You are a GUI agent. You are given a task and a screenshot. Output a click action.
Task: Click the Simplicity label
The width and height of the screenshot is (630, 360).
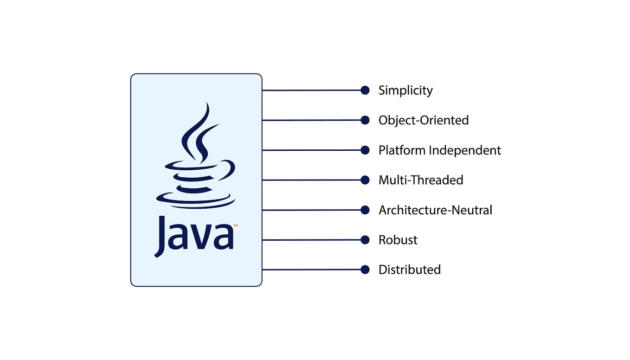[x=405, y=90]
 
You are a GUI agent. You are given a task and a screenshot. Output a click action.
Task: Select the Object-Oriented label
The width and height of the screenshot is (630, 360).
[x=424, y=120]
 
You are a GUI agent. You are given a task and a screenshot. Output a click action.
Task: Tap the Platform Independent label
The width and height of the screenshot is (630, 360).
[x=439, y=150]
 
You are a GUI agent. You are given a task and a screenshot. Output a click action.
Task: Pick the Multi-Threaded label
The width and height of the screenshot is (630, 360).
[x=421, y=180]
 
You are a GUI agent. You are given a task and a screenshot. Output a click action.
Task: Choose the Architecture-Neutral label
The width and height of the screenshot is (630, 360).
[x=435, y=210]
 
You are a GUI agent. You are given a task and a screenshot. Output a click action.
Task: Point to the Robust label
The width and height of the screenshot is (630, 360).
[x=398, y=240]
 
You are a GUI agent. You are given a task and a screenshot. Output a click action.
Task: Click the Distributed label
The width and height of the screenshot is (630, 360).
[x=409, y=270]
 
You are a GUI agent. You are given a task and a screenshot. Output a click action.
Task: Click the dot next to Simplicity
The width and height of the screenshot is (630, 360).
[x=365, y=90]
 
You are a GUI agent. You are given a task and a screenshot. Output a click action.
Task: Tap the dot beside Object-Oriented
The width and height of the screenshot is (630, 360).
[x=365, y=120]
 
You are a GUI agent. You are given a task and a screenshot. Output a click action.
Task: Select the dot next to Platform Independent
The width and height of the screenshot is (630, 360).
[x=365, y=150]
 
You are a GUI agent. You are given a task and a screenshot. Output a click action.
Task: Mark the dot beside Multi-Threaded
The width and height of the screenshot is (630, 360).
[x=365, y=180]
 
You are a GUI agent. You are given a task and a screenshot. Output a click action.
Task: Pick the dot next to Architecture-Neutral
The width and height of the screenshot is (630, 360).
[x=365, y=210]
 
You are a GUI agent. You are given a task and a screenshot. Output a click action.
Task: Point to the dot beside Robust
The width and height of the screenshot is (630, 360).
[x=365, y=240]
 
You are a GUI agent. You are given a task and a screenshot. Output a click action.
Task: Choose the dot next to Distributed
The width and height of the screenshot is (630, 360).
[x=365, y=270]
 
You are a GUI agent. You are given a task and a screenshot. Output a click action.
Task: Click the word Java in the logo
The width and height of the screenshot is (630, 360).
[x=194, y=235]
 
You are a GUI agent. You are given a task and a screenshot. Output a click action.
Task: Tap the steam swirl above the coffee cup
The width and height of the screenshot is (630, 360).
[x=197, y=132]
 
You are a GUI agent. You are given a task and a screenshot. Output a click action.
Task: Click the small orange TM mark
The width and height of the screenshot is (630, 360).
[x=236, y=226]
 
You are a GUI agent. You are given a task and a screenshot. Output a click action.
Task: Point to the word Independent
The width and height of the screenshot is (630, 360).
[x=464, y=150]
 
